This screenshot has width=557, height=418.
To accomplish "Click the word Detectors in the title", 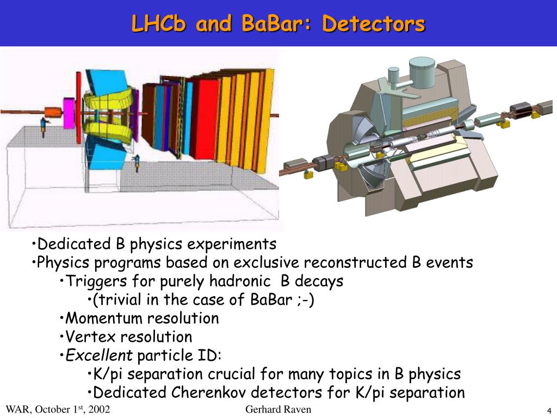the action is click(x=373, y=23).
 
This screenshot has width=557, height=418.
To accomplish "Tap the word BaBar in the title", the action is click(x=273, y=23).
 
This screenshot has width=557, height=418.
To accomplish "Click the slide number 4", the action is click(x=549, y=410).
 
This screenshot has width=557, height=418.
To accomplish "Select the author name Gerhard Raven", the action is click(x=278, y=409).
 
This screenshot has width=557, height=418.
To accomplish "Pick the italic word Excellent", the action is click(x=99, y=355).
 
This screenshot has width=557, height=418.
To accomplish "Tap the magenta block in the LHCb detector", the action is click(x=69, y=113).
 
